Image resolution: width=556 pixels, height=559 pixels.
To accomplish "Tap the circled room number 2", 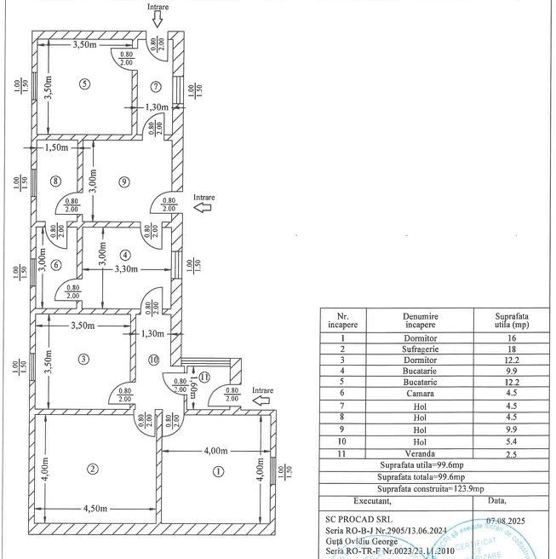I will coord(92,468).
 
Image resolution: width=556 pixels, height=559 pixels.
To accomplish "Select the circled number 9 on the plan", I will coord(124,181).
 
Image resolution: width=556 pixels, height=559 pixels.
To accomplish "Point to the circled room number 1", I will coord(219,470).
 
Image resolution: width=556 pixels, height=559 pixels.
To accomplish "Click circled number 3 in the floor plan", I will coord(83,359).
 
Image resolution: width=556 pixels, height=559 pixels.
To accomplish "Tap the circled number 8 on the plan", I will coord(55,181).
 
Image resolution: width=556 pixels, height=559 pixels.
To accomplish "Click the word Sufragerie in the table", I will coord(421,349).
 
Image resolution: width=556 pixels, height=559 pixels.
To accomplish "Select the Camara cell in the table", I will coord(421,394).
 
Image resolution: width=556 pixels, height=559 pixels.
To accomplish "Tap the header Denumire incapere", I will coord(421,320).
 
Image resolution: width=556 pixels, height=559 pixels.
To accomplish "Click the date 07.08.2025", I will coord(507,517).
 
